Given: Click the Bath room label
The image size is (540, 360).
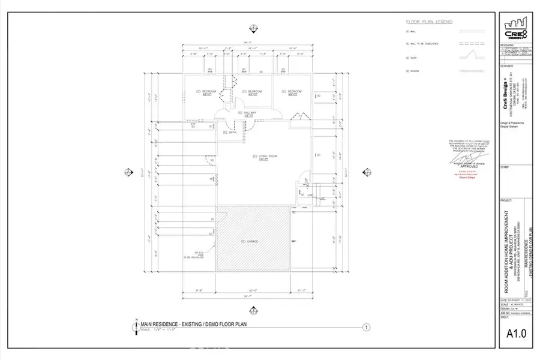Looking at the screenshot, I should [x=229, y=132].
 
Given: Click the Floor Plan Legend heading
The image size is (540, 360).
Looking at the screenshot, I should [x=429, y=22].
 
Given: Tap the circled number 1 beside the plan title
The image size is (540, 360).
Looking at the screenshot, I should [x=365, y=327].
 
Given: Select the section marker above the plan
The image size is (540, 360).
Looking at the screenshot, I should [x=253, y=28].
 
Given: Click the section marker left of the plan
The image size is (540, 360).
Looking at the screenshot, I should [x=128, y=172].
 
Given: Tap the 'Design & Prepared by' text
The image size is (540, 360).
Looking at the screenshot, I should [x=512, y=124].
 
